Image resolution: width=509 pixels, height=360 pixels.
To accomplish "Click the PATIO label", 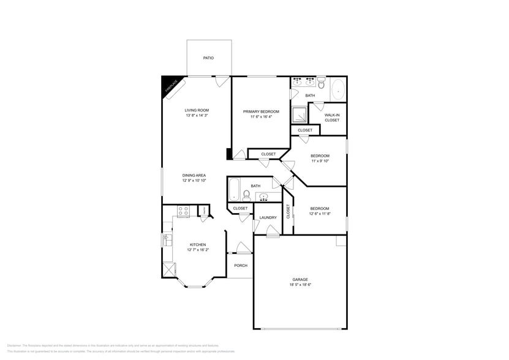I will pos(209,58).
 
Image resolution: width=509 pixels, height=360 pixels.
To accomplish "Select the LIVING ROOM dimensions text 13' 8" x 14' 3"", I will pos(197,116).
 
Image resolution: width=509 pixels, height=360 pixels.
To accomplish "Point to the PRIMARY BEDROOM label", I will pos(261,111).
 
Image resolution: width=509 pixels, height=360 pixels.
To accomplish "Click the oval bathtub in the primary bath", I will pos(338,91).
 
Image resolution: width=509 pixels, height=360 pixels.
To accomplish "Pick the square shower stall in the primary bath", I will pos(300,114).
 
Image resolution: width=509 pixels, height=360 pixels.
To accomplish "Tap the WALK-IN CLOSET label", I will pos(332,118).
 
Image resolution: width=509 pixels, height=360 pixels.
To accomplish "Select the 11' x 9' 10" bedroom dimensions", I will pos(319,161).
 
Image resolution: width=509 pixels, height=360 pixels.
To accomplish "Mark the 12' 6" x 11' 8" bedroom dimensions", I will pos(319,214).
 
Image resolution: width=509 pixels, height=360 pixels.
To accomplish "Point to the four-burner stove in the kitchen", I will pos(183,211).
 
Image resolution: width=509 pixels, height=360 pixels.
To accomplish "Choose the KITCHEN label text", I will pos(197,244).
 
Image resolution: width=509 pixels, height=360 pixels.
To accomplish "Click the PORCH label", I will pos(241,266).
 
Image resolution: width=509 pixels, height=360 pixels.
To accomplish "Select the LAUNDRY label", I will pos(268,217).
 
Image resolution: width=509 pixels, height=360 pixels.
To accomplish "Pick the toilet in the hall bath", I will pos(246,196).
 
